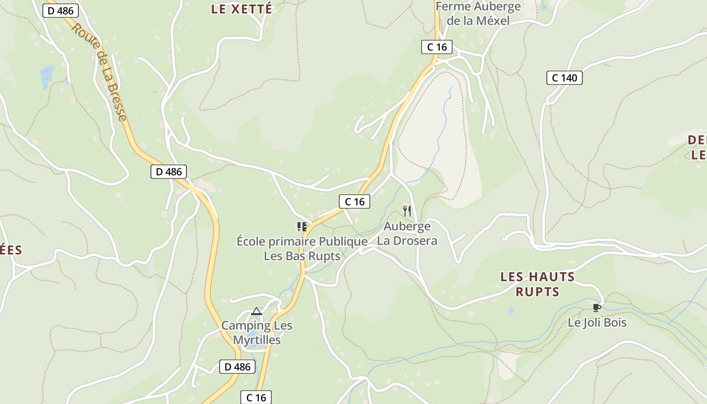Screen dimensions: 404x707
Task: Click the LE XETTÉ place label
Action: [241, 9]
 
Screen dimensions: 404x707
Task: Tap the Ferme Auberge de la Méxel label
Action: [478, 14]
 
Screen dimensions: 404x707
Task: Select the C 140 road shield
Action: [564, 78]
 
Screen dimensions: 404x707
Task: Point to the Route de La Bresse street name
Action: [99, 72]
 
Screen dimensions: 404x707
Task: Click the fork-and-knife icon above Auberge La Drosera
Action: [407, 211]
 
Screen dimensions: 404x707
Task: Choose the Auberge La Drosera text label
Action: [407, 233]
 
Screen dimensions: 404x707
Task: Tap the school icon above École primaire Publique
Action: [302, 227]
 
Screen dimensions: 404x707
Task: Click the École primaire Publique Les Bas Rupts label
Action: [302, 248]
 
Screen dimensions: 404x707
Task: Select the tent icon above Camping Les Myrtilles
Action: [257, 311]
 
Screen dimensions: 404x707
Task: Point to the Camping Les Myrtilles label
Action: [257, 332]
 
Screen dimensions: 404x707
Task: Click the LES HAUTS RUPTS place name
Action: [537, 284]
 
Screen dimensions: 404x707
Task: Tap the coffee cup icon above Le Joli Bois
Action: [596, 307]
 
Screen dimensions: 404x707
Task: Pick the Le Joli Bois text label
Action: [597, 322]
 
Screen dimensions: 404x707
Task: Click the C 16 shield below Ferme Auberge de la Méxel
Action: [437, 47]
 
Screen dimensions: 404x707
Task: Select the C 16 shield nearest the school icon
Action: [354, 201]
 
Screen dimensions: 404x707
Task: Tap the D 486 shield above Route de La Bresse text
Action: [60, 11]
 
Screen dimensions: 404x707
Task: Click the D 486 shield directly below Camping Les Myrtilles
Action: [237, 367]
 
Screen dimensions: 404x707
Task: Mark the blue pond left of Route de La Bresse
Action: [47, 76]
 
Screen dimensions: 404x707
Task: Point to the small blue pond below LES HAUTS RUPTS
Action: [511, 311]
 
